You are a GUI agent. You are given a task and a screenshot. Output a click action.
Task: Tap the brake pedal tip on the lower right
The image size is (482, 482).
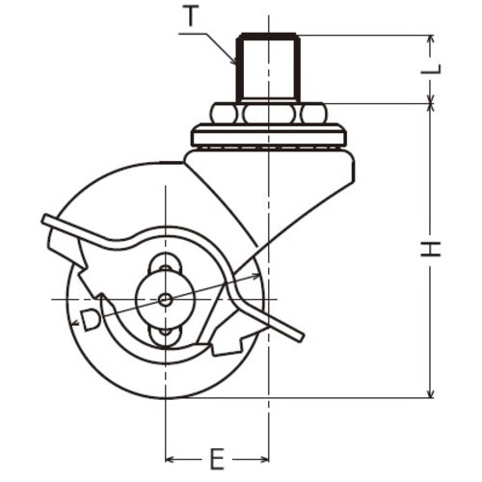tap(301, 336)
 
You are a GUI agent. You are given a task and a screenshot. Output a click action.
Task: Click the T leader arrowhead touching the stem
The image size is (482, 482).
tap(237, 61)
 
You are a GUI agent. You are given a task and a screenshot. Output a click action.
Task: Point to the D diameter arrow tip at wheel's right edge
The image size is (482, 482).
tap(260, 277)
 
